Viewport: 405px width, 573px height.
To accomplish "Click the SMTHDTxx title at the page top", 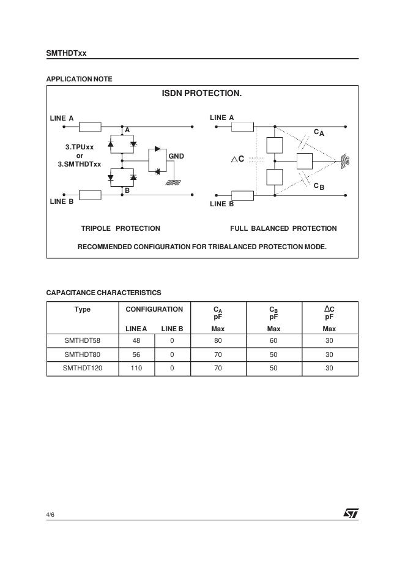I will (x=66, y=53).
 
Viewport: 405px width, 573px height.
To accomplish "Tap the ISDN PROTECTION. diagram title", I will (x=201, y=94).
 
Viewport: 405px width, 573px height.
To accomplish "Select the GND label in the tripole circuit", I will (x=176, y=157).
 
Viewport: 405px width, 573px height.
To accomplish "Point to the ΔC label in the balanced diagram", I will (x=237, y=159).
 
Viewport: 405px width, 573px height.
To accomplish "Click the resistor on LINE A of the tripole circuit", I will (x=91, y=127).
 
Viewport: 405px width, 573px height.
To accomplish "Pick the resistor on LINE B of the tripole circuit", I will (x=91, y=195).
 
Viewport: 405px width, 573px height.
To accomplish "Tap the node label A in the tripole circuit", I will (x=127, y=130).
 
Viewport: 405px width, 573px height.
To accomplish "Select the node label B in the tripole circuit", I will (x=127, y=190).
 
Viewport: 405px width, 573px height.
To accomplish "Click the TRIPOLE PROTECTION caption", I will (x=121, y=228).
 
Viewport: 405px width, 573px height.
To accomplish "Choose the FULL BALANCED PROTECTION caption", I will (x=283, y=228).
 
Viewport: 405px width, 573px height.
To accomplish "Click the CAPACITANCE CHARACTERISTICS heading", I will (x=103, y=293).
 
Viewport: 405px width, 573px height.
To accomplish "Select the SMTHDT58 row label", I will (x=82, y=340).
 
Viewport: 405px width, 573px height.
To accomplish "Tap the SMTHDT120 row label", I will (x=82, y=369).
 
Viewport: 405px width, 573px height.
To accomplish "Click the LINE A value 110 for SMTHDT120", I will (x=136, y=369).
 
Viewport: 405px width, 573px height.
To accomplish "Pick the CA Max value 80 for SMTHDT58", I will (x=218, y=340).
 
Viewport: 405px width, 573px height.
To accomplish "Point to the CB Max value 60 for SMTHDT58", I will (x=273, y=340).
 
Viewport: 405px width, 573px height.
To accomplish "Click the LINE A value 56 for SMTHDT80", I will (x=136, y=354).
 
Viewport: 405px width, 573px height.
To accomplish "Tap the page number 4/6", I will (x=51, y=515).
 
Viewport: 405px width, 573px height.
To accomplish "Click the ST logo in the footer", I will (x=351, y=514).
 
